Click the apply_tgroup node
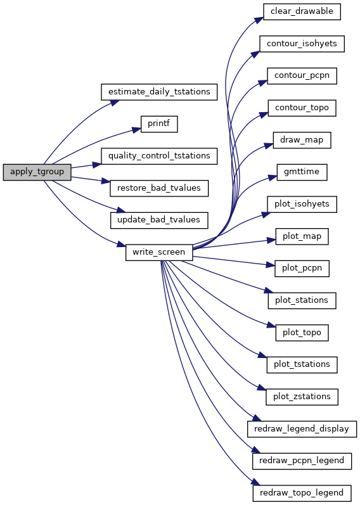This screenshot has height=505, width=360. [37, 172]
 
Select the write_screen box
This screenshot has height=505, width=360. [159, 252]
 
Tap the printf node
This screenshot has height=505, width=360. [159, 124]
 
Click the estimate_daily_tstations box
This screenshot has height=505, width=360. [159, 92]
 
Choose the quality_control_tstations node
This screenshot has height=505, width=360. [159, 157]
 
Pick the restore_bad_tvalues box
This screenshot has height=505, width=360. [159, 188]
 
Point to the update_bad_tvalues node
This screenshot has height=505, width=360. [159, 221]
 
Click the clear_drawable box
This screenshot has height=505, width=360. [302, 11]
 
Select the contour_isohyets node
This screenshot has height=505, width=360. [302, 44]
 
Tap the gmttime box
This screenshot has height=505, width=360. [302, 172]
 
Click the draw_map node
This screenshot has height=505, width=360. [302, 140]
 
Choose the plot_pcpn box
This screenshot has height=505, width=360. [302, 268]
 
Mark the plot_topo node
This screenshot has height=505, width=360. [302, 333]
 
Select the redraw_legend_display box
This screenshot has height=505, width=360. [302, 429]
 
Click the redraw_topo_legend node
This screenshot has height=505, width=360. [302, 493]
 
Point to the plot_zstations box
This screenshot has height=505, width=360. [302, 397]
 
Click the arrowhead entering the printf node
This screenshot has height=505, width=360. [137, 130]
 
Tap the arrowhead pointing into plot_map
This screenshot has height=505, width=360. [271, 240]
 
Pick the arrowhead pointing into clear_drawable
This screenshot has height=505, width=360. [259, 20]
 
